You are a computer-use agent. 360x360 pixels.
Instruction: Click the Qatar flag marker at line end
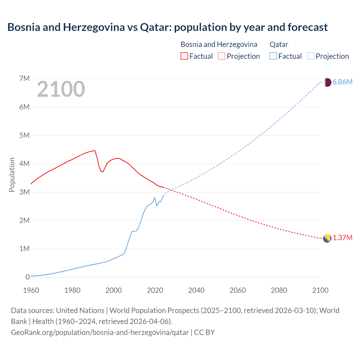pyautogui.click(x=327, y=82)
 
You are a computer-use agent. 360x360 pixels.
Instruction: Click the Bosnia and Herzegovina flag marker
pyautogui.click(x=327, y=238)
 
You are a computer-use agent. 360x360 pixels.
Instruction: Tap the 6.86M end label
pyautogui.click(x=342, y=82)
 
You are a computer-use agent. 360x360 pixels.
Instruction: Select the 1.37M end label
pyautogui.click(x=342, y=238)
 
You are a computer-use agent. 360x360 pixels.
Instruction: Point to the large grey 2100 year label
pyautogui.click(x=61, y=89)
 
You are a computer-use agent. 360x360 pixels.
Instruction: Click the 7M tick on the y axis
pyautogui.click(x=24, y=78)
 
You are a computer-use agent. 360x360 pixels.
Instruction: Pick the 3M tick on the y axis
pyautogui.click(x=24, y=192)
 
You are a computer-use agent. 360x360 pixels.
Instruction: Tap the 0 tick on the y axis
pyautogui.click(x=28, y=277)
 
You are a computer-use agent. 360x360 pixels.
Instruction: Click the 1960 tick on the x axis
pyautogui.click(x=31, y=290)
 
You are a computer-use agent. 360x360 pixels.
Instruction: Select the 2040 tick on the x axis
pyautogui.click(x=196, y=290)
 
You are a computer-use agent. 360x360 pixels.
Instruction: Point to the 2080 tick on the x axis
pyautogui.click(x=279, y=290)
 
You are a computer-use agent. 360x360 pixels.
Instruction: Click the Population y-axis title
pyautogui.click(x=12, y=175)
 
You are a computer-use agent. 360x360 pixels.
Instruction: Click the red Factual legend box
pyautogui.click(x=184, y=56)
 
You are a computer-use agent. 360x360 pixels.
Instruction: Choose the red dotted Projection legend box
pyautogui.click(x=222, y=56)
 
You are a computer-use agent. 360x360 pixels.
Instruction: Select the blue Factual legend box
pyautogui.click(x=273, y=56)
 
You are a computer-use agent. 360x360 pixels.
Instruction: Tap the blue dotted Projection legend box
pyautogui.click(x=311, y=56)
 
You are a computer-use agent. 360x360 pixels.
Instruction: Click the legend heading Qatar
pyautogui.click(x=279, y=44)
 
